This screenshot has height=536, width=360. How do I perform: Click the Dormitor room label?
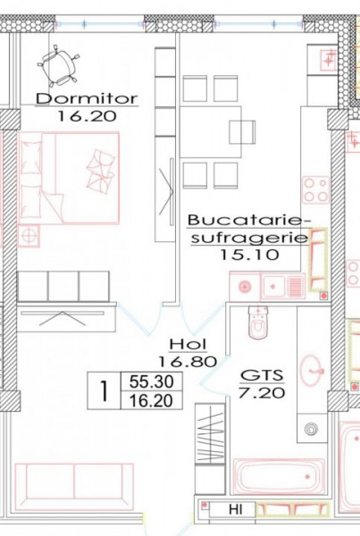coord(87,99)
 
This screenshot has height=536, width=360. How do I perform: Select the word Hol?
coord(188,344)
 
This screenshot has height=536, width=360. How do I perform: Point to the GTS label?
coord(263,375)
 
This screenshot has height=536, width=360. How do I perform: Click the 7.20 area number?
coord(262,393)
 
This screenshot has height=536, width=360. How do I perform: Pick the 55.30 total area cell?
coord(152,381)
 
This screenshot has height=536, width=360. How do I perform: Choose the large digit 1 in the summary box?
coord(104,391)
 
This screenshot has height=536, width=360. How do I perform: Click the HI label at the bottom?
coord(236,510)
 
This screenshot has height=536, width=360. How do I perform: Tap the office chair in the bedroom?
coord(58,65)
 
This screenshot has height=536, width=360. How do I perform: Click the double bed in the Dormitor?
coord(69,178)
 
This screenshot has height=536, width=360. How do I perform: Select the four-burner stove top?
coord(315,189)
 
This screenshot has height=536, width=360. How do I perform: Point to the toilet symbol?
coord(258,322)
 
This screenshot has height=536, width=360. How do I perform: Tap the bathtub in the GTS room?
coord(279,476)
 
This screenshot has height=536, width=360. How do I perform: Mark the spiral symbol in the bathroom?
coord(312,428)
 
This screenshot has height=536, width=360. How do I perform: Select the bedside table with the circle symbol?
coord(29,236)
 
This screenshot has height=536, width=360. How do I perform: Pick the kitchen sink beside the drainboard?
coord(273,286)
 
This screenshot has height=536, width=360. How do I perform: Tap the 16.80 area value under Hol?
coord(188,361)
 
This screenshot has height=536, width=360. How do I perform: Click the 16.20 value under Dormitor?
coord(87,116)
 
